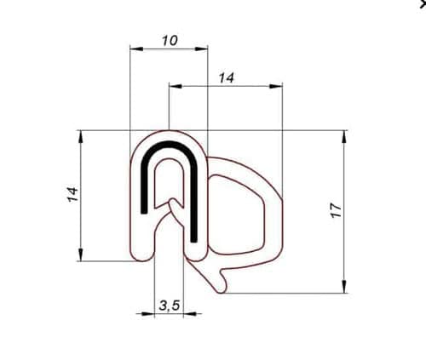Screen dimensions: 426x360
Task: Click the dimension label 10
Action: [170, 41]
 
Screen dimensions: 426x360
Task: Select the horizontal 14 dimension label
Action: [227, 77]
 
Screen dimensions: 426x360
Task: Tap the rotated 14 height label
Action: [72, 194]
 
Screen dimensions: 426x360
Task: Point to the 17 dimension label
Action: [336, 210]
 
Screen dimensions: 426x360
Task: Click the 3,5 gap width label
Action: [170, 306]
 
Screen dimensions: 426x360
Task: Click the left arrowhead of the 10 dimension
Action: [136, 49]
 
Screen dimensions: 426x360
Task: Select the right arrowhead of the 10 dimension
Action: [201, 49]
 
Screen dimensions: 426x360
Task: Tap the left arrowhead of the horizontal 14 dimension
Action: [176, 86]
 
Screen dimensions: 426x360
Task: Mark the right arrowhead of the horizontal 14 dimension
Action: [276, 86]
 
